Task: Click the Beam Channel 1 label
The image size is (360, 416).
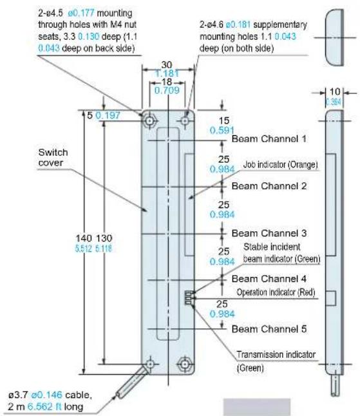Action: (x=269, y=138)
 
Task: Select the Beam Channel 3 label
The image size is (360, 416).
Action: (x=269, y=233)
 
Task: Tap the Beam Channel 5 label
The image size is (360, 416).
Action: (x=269, y=329)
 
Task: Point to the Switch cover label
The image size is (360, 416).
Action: (x=53, y=157)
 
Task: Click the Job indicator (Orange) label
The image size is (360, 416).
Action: (x=280, y=165)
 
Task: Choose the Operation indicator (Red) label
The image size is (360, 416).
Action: (x=276, y=292)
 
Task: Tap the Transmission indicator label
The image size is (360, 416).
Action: (x=276, y=354)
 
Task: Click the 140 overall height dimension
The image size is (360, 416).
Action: (x=84, y=238)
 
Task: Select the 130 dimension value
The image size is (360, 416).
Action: (x=104, y=238)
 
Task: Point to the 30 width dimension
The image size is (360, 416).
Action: (x=167, y=65)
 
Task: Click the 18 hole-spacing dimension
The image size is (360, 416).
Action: (x=167, y=82)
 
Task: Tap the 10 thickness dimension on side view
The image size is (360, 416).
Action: (x=334, y=91)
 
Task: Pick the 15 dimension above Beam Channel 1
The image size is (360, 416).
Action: (x=223, y=120)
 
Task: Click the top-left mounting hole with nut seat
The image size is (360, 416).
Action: (x=150, y=121)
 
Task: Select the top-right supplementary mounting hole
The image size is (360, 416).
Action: (x=185, y=121)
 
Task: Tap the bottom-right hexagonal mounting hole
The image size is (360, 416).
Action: (x=185, y=364)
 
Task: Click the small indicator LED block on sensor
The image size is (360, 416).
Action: (x=188, y=298)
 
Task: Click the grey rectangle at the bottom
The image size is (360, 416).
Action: (x=257, y=407)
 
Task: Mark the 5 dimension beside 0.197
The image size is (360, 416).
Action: (x=90, y=115)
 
